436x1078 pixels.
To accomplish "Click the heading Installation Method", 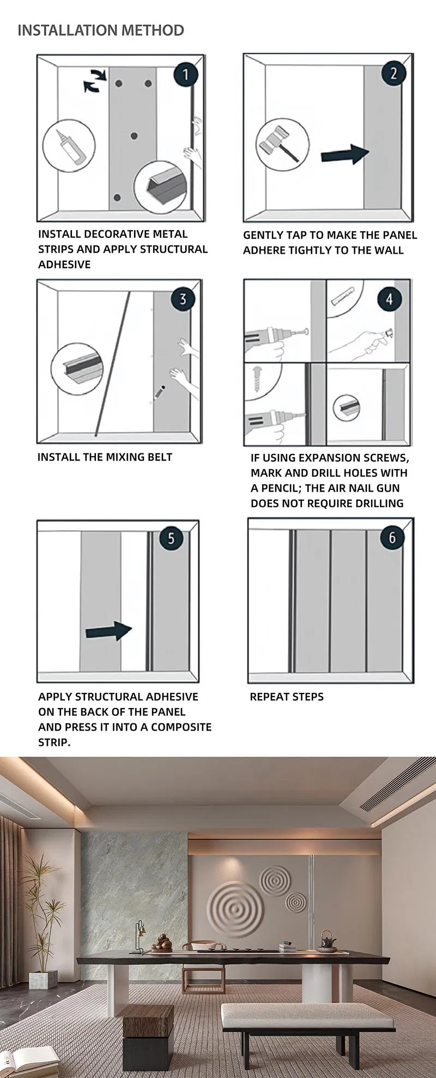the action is coord(101,30).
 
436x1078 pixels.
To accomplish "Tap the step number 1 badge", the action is coord(186,74).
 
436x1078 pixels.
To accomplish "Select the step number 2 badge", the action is coord(393,73).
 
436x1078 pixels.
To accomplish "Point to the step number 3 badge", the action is coord(183,299).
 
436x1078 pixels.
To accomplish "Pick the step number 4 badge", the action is coord(389,299).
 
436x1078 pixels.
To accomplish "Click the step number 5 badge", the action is coord(171,538).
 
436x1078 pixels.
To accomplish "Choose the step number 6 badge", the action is coord(392,537).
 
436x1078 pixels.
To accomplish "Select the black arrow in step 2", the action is coord(345,154).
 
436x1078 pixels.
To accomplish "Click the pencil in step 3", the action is coord(159,393).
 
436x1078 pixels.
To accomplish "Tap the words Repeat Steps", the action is coord(287,697).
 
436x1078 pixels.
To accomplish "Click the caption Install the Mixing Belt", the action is coord(105,457).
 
